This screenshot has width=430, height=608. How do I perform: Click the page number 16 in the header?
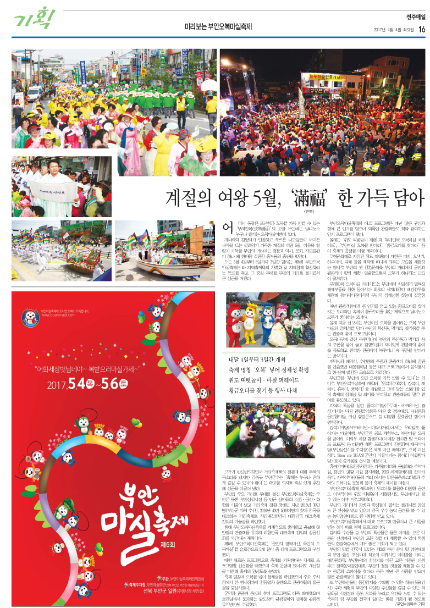(421, 29)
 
